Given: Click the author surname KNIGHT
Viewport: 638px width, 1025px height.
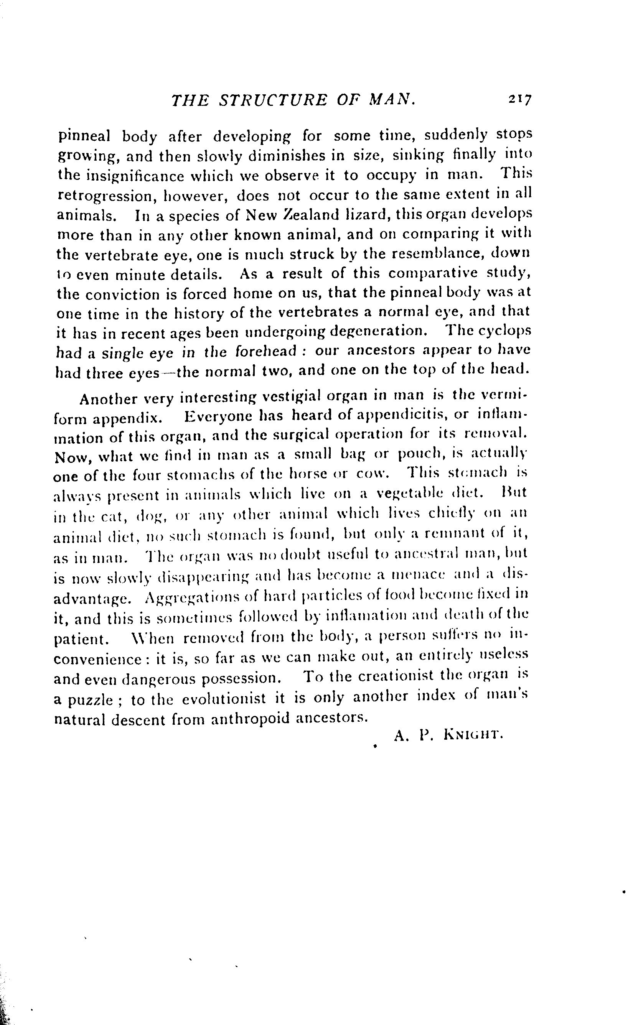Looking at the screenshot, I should pyautogui.click(x=473, y=735).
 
